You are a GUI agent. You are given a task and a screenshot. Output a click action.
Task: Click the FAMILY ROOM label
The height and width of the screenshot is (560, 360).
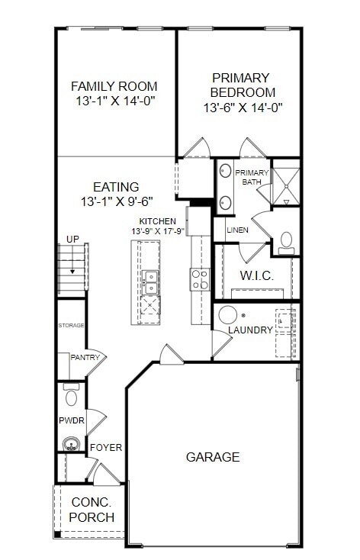click(x=114, y=86)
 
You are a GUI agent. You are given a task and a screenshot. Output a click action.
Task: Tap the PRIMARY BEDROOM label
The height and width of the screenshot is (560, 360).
click(x=240, y=85)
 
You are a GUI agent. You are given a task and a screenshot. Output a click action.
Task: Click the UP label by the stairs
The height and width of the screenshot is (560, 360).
click(x=72, y=240)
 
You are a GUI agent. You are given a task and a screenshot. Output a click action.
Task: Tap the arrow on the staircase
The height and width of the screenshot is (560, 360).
click(x=72, y=269)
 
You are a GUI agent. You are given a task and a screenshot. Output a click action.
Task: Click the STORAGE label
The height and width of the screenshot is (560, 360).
click(x=71, y=326)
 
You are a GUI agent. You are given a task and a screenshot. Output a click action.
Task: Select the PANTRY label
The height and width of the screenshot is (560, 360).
click(x=85, y=357)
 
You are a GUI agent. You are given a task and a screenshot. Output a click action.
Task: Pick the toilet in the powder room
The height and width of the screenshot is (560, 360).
click(x=72, y=396)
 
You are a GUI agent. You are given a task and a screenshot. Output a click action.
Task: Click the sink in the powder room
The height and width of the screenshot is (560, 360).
click(x=72, y=444)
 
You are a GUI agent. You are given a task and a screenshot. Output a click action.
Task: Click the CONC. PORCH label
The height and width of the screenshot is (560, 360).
click(x=92, y=510)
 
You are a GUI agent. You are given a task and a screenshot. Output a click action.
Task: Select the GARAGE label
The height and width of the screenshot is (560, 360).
click(x=213, y=457)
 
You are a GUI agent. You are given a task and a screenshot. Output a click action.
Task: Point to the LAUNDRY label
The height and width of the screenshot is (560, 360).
click(x=249, y=330)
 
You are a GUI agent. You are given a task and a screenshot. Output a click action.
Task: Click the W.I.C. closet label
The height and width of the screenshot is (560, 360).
click(x=256, y=275)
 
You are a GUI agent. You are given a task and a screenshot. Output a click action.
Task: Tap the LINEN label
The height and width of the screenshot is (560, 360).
click(x=237, y=230)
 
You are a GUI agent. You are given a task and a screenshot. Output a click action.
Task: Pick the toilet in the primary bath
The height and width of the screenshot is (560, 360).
click(x=287, y=241)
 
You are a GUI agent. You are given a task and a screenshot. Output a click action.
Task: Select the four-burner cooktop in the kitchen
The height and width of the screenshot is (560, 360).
click(x=200, y=279)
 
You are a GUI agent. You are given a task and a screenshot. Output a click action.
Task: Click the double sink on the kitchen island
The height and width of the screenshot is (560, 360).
click(x=150, y=282)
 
